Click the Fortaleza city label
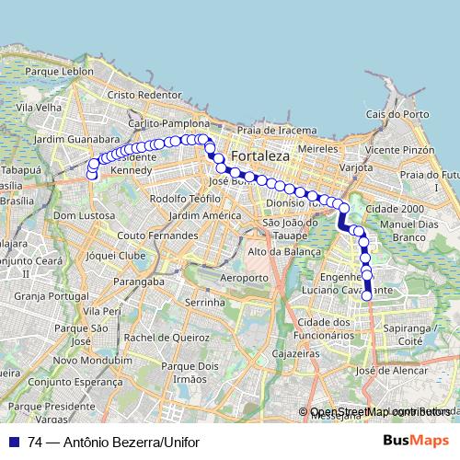[260, 156]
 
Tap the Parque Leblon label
[60, 71]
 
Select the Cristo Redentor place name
[144, 95]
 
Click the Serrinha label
[205, 302]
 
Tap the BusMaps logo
[416, 441]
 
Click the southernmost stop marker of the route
[367, 295]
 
